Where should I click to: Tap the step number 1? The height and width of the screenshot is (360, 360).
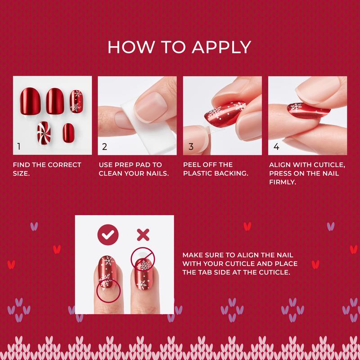click(19, 147)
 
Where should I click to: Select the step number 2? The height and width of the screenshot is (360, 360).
click(104, 147)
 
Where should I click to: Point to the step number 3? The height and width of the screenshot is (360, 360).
click(190, 147)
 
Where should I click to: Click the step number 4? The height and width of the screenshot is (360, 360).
click(276, 147)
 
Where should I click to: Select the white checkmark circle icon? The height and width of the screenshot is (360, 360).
click(108, 234)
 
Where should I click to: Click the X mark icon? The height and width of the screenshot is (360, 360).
click(143, 234)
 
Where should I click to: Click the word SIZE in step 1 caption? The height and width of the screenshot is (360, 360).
click(21, 173)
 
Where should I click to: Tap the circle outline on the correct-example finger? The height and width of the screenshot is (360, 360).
click(108, 289)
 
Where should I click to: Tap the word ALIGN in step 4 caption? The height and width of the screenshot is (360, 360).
click(280, 165)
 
